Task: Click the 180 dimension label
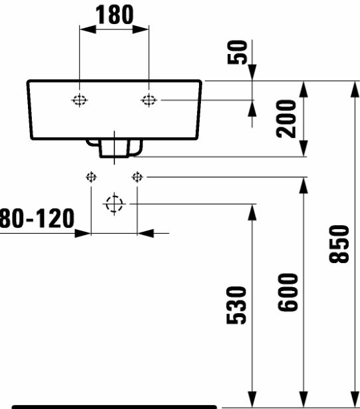tap(114, 15)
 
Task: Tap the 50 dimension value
tap(237, 52)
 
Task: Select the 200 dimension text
tap(286, 119)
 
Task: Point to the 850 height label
tap(339, 244)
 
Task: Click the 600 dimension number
tap(287, 292)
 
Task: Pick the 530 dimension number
tap(236, 305)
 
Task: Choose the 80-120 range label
tap(37, 218)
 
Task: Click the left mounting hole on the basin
tap(79, 100)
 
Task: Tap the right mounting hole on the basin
tap(149, 100)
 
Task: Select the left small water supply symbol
tap(91, 177)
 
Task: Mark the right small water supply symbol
tap(137, 177)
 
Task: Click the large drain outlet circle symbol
tap(114, 204)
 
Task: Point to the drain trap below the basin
tap(114, 148)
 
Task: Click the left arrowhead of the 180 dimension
tap(88, 29)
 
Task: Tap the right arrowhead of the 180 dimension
tap(140, 29)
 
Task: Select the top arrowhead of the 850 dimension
tap(355, 89)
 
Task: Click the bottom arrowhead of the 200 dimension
tap(303, 149)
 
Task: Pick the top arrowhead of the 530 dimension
tap(252, 212)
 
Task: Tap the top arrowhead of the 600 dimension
tap(303, 185)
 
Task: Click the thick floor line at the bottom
tap(114, 407)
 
